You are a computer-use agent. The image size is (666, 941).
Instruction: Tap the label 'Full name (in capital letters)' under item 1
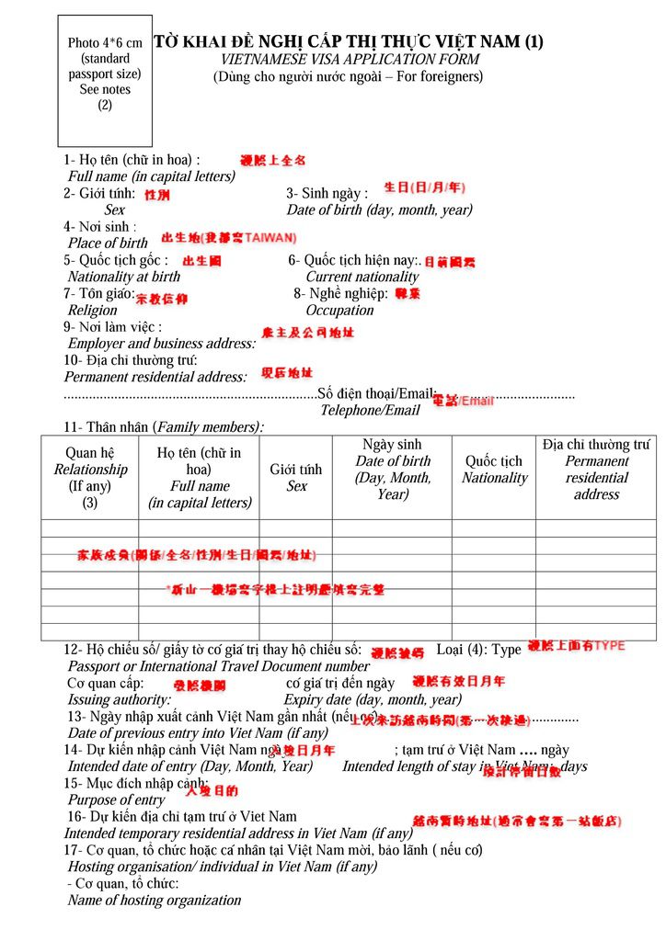152,176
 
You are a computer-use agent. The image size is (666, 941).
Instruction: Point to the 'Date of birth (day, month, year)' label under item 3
379,210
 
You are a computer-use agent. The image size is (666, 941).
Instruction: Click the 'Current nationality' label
362,277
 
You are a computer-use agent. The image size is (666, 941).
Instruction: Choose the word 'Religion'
93,311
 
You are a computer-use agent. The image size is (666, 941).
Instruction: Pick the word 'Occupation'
339,311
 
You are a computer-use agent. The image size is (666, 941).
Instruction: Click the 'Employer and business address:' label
162,344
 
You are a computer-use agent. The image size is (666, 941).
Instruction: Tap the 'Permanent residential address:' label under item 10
155,377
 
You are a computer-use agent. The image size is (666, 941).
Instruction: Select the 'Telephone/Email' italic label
370,410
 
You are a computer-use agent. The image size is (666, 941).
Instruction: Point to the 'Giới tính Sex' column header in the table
296,477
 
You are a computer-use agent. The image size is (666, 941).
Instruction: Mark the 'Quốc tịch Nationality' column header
494,470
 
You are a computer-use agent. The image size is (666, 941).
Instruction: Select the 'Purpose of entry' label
117,800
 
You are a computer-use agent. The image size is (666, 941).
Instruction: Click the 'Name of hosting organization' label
155,901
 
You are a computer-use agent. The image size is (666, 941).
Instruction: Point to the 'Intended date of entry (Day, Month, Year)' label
189,766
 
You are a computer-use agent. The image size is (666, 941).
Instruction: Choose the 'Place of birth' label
108,244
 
